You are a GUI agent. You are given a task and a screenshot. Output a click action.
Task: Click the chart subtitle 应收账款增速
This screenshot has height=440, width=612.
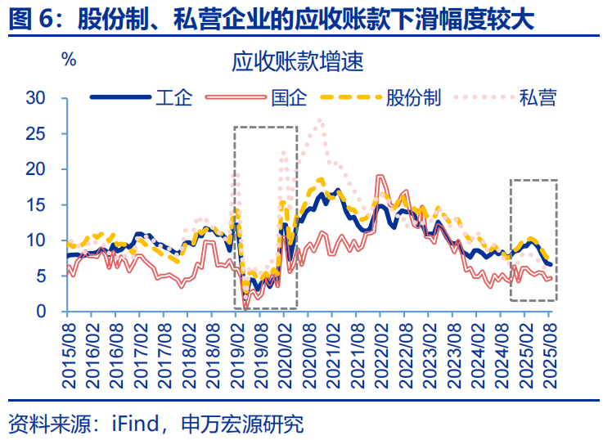[298, 61]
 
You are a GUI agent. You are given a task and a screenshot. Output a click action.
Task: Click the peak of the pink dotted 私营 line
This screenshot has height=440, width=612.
[319, 120]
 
